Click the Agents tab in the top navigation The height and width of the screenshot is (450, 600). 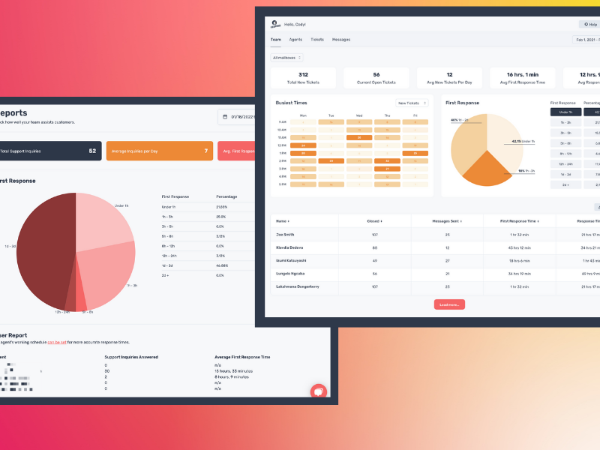coord(295,39)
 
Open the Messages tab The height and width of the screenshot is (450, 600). coord(341,39)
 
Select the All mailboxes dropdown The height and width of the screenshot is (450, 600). coord(286,57)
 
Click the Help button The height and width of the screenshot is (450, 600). coord(589,24)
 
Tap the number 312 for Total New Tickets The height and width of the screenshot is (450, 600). coord(303,75)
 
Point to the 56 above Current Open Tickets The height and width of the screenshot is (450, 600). coord(376,75)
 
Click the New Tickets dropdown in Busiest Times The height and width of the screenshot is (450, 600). coord(412,103)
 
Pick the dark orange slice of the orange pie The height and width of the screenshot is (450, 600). coord(487,170)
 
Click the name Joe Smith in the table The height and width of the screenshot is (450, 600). coord(284,235)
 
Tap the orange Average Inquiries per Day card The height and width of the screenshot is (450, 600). coord(159,151)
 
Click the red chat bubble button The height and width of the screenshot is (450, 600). coord(319,391)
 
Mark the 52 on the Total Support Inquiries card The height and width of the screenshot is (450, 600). coord(92,151)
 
